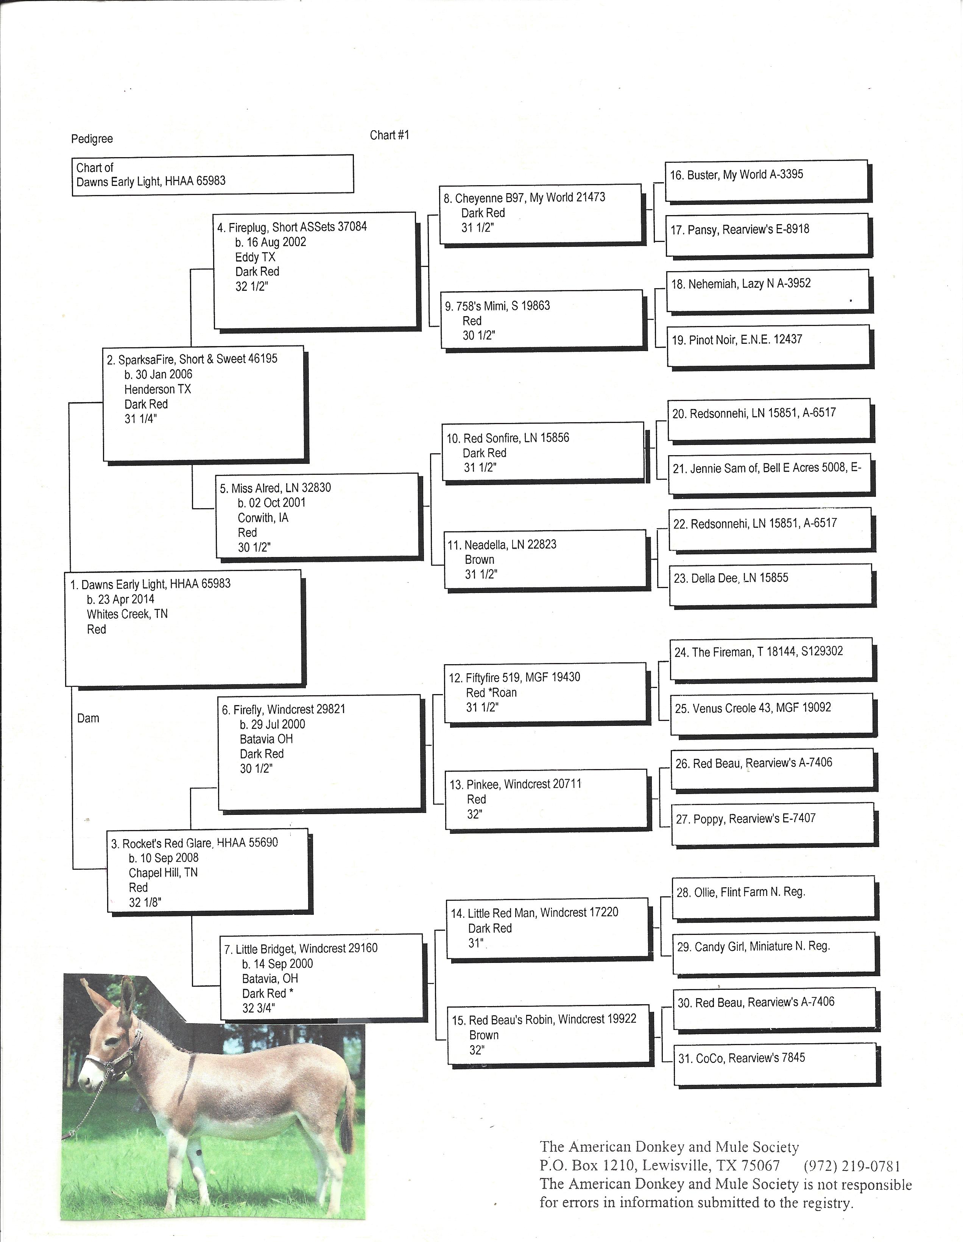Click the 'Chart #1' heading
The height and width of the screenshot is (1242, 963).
pos(390,135)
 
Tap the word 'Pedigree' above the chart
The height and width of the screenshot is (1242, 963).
pos(92,139)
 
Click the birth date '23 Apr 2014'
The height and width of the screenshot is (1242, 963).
pos(120,599)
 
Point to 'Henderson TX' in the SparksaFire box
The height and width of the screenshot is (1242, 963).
pos(157,390)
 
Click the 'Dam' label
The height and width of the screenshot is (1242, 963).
pos(88,718)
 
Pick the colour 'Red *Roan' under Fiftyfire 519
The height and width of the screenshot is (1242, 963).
pos(491,693)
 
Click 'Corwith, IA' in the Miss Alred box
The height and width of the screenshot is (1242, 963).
pos(263,518)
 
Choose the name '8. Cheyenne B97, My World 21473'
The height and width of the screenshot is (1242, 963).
pos(524,198)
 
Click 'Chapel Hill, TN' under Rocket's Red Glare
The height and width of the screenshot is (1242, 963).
pos(163,872)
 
